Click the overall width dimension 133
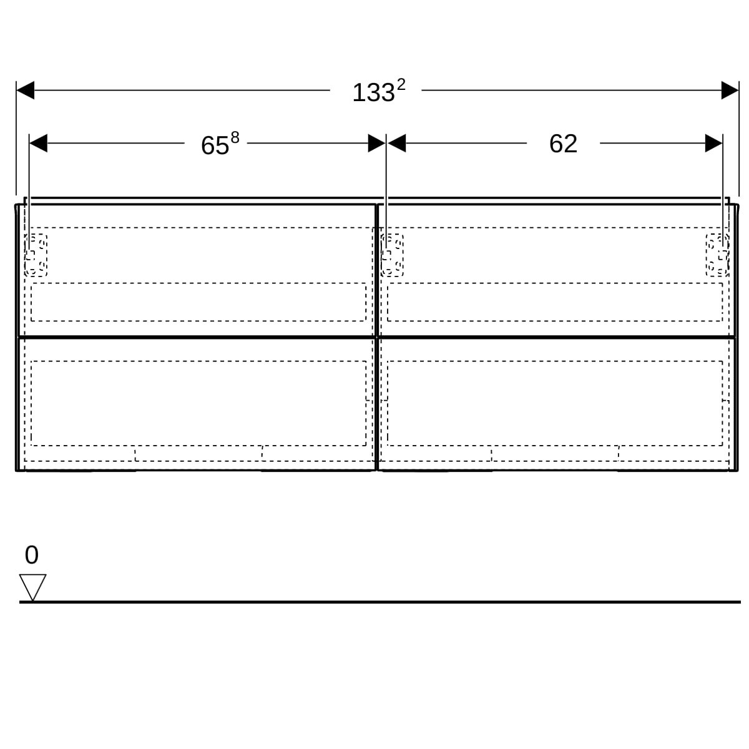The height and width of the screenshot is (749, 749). pyautogui.click(x=373, y=93)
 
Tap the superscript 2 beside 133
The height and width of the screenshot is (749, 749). pyautogui.click(x=401, y=85)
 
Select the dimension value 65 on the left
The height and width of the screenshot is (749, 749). pyautogui.click(x=215, y=146)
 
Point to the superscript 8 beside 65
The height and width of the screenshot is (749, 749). pyautogui.click(x=235, y=137)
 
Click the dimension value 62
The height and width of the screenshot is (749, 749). pyautogui.click(x=563, y=144)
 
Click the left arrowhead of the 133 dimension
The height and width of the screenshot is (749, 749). pyautogui.click(x=25, y=90)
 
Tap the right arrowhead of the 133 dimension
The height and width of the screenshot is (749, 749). pyautogui.click(x=730, y=90)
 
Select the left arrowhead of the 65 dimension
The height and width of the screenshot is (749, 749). pyautogui.click(x=38, y=143)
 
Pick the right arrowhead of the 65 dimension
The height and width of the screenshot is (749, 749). pyautogui.click(x=376, y=143)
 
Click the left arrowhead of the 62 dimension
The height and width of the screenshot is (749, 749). pyautogui.click(x=396, y=143)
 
